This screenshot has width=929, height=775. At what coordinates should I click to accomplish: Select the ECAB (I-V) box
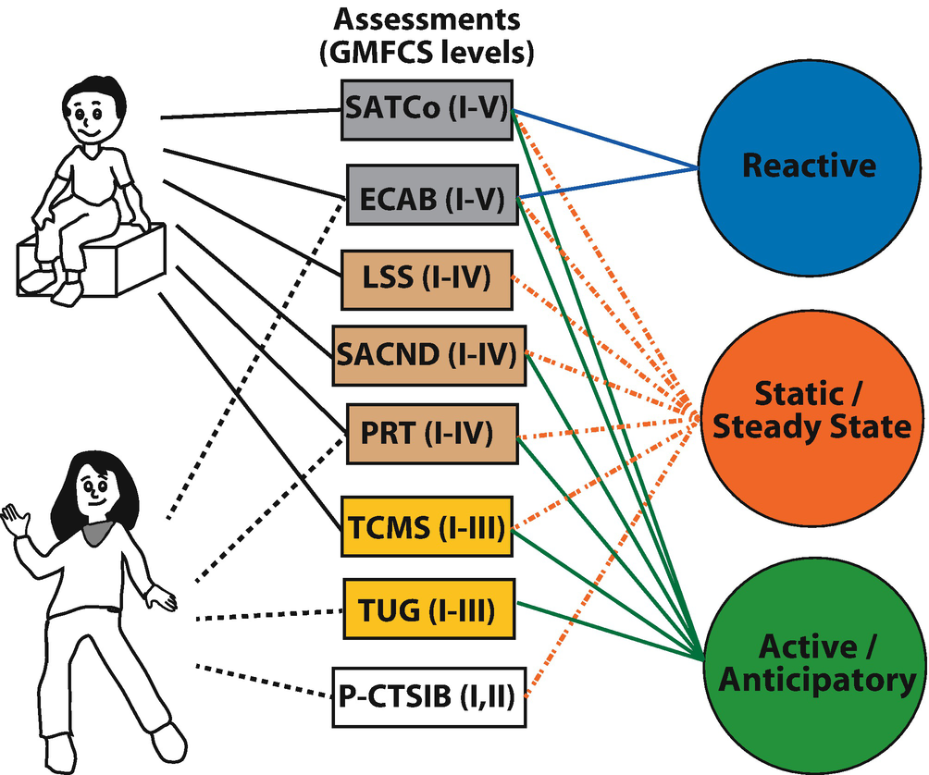pyautogui.click(x=430, y=196)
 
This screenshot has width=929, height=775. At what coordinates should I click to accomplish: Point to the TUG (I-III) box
pyautogui.click(x=427, y=609)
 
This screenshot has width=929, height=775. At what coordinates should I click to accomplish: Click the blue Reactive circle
pyautogui.click(x=809, y=166)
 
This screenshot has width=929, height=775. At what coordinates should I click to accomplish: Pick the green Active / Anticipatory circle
pyautogui.click(x=809, y=662)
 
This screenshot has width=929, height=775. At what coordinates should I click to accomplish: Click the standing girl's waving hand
pyautogui.click(x=15, y=522)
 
